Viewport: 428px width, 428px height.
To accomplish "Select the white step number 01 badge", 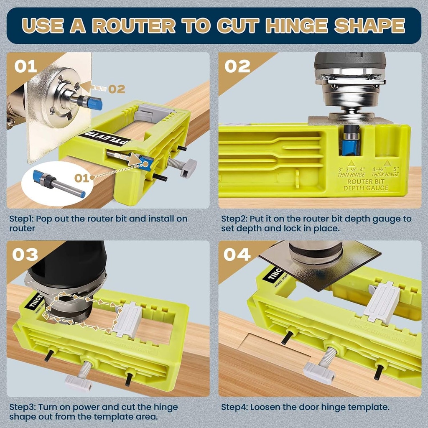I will (x=25, y=66).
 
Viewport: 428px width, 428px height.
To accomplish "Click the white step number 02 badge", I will (x=237, y=66).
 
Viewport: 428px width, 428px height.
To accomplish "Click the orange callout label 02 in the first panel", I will (x=117, y=89).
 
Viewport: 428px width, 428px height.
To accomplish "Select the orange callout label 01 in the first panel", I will (x=82, y=178).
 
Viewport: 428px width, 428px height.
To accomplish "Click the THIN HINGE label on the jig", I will (x=351, y=174).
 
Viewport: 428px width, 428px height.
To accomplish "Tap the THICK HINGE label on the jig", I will (x=387, y=174).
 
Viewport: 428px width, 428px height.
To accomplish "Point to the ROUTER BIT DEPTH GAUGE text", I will (x=366, y=185).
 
